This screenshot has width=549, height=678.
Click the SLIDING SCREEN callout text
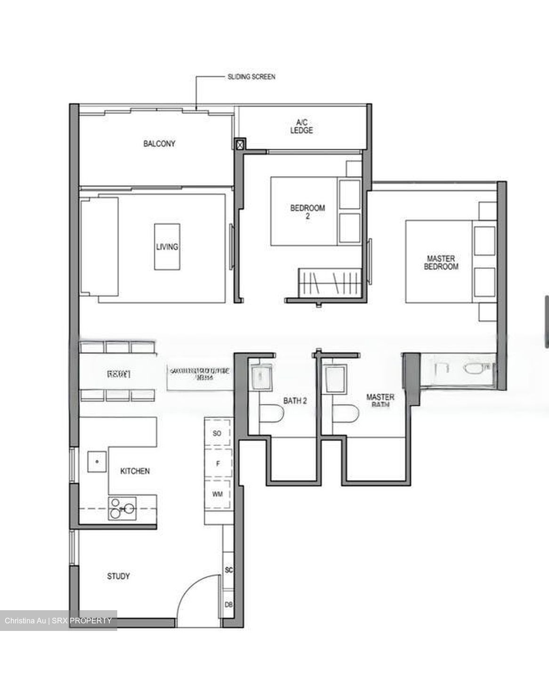coord(251,76)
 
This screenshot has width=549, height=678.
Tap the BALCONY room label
coord(159,144)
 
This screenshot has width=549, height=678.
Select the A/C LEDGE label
coord(301,127)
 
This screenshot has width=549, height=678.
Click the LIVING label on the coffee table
coord(167,247)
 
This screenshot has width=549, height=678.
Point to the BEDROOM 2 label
coord(307,212)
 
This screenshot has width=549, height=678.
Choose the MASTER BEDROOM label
coord(441,262)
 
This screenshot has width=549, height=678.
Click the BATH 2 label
coord(295,401)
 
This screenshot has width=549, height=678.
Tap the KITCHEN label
coord(135,471)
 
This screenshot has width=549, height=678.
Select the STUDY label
coord(118,576)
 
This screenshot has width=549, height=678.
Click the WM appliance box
coord(217,494)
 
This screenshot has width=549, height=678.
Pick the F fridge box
coord(218,464)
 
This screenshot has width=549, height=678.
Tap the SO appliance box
coord(217,433)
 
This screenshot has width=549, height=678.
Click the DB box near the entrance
coord(228,605)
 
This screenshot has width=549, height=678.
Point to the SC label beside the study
coord(229,570)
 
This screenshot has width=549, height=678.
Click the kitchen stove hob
coord(122,508)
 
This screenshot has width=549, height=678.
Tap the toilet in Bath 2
coord(272,414)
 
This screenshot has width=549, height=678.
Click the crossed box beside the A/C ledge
coord(240,144)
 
